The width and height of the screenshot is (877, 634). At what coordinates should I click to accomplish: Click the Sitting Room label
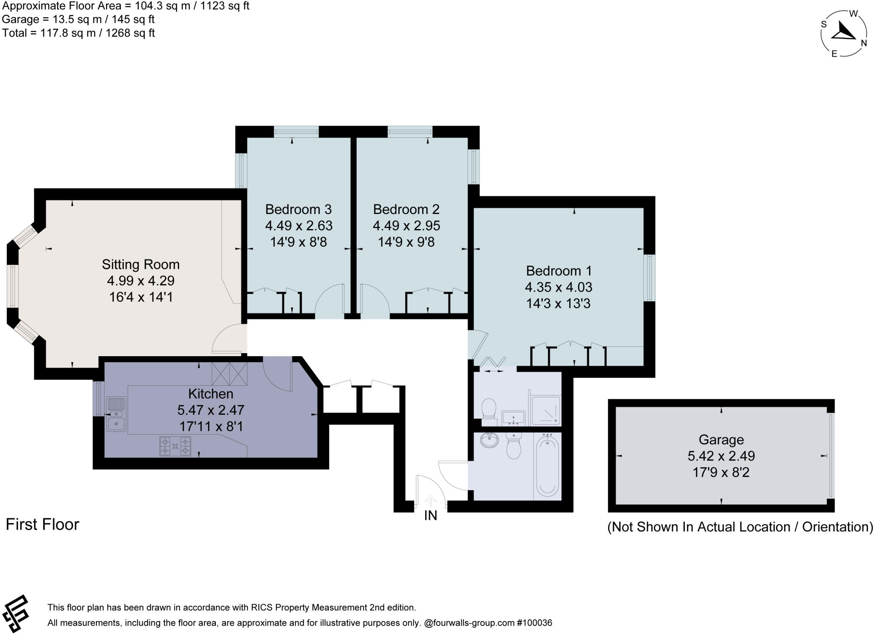click(140, 264)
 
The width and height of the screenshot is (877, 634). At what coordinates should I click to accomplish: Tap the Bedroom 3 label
click(298, 209)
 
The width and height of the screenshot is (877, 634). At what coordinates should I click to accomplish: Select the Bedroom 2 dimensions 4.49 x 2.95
click(406, 226)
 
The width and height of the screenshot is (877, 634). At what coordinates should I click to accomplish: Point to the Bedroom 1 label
click(558, 271)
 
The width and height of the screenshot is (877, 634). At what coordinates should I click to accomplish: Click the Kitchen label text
click(211, 393)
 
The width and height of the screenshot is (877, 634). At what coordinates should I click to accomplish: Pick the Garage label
click(721, 440)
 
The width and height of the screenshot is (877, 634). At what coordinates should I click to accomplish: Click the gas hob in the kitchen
click(175, 446)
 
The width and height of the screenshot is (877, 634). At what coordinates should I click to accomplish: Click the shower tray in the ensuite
click(546, 411)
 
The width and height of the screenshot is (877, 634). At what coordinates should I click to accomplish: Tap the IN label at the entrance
click(430, 516)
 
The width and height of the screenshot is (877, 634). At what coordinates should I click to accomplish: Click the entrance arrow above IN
click(430, 500)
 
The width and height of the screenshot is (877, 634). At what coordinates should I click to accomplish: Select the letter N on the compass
click(864, 43)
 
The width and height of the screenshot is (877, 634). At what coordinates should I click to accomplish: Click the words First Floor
click(42, 524)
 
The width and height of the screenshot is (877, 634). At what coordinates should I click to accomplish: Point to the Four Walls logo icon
click(15, 614)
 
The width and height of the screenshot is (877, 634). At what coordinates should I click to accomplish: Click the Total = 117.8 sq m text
click(78, 33)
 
